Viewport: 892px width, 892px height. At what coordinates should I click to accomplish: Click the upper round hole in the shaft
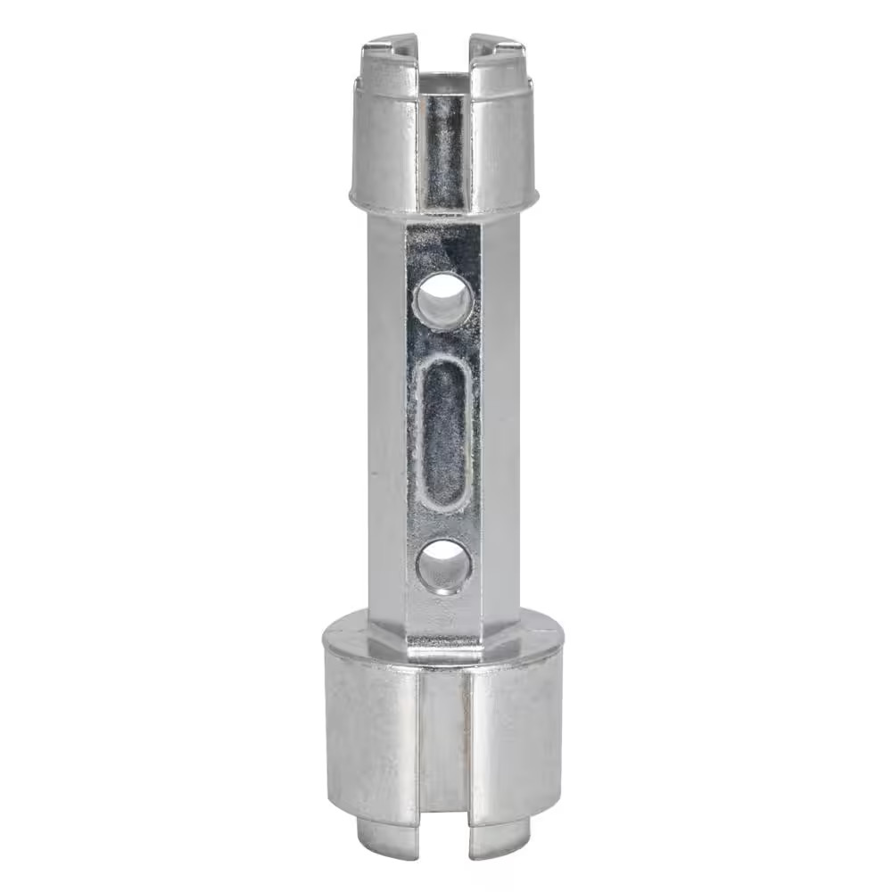[443, 301]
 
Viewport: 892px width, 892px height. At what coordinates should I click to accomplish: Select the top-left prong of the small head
[391, 46]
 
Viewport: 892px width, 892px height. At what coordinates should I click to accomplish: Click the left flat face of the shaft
[386, 419]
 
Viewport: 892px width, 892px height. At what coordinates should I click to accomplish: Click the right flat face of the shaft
[500, 419]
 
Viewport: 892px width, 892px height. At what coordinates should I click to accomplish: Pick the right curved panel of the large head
[517, 723]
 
